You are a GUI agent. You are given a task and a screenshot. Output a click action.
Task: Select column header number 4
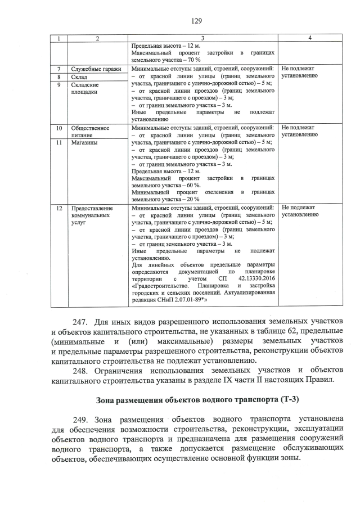[x=310, y=38]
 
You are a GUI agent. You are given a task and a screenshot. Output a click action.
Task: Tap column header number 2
[x=97, y=38]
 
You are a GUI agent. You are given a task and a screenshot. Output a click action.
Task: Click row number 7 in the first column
[x=59, y=69]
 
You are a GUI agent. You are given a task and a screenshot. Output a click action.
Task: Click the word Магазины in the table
[x=85, y=143]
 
